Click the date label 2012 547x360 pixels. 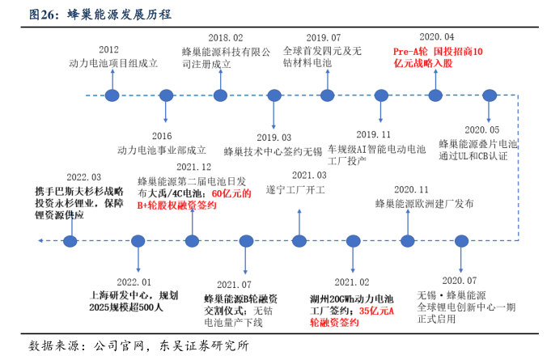coord(108,49)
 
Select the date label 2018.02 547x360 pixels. coord(225,38)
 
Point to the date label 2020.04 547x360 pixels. coord(437,37)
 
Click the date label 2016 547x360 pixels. coord(162,136)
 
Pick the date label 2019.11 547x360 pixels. coord(374,135)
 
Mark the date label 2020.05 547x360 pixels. coord(483,130)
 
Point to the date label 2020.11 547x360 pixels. coord(412,189)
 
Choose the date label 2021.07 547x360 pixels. coord(235,284)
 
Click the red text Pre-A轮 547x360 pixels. coord(413,50)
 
